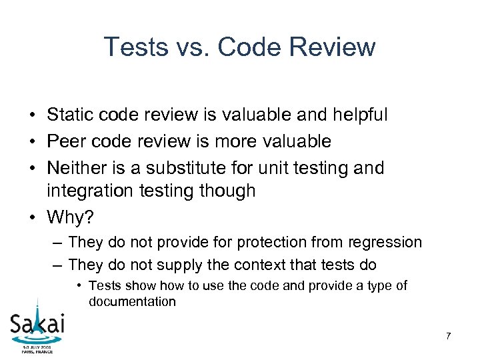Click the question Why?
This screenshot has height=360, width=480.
[70, 217]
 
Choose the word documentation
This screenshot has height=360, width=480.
[132, 301]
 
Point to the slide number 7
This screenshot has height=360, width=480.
[448, 336]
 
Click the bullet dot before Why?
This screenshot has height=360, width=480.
[32, 217]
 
